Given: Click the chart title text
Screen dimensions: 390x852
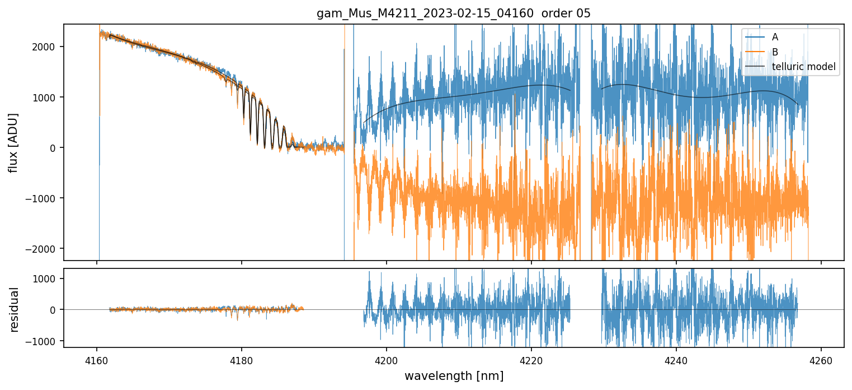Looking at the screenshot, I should point(454,13).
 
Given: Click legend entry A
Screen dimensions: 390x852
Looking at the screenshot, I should point(775,37).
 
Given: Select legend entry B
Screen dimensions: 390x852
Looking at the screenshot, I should point(775,52).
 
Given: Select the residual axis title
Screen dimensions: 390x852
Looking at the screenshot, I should point(15,309).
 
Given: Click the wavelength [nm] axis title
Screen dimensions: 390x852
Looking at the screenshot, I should point(454,375).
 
